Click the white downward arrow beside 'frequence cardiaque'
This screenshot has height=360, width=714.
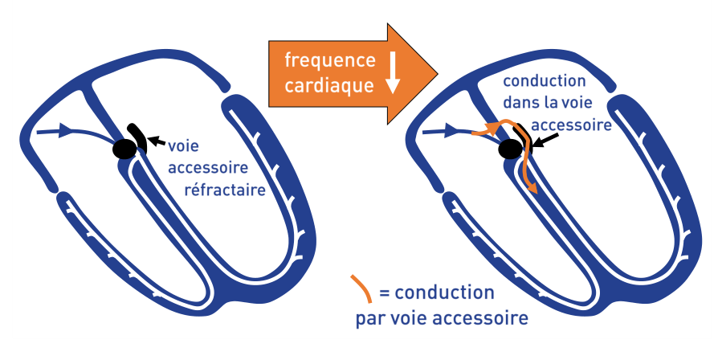pyautogui.click(x=394, y=74)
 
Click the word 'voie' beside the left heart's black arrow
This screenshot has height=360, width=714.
pyautogui.click(x=184, y=148)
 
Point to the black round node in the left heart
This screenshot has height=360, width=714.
pyautogui.click(x=124, y=149)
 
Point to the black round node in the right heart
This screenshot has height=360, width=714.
pyautogui.click(x=510, y=149)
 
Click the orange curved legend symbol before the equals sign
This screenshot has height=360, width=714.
pyautogui.click(x=361, y=287)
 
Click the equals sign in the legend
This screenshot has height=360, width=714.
pyautogui.click(x=383, y=292)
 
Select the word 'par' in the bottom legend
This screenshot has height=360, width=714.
pyautogui.click(x=371, y=317)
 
